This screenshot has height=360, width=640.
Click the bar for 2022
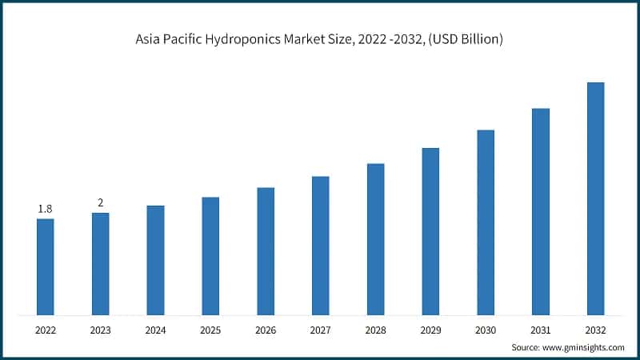click(x=45, y=266)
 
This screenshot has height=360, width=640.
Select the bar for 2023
click(x=100, y=263)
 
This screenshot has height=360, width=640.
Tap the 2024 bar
click(x=155, y=260)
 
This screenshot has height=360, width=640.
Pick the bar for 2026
click(x=266, y=251)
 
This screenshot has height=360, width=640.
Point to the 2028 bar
click(x=375, y=239)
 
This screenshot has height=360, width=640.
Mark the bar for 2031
click(x=541, y=211)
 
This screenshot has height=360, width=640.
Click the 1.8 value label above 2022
click(x=45, y=209)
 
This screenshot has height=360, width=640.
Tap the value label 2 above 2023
click(x=100, y=202)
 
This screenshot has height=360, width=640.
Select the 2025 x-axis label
click(x=210, y=329)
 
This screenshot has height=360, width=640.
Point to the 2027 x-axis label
click(x=321, y=329)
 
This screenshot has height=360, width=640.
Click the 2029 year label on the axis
click(x=430, y=329)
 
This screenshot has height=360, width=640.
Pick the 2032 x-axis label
click(x=596, y=329)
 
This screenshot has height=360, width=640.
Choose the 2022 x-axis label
click(x=45, y=329)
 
